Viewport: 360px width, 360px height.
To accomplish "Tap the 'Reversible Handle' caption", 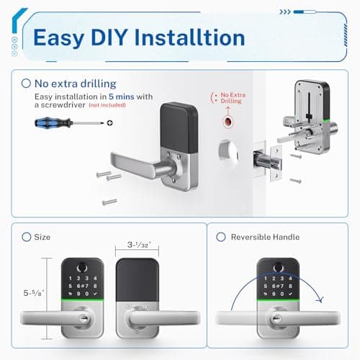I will (267, 237).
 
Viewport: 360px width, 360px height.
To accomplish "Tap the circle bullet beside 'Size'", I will (27, 237).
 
